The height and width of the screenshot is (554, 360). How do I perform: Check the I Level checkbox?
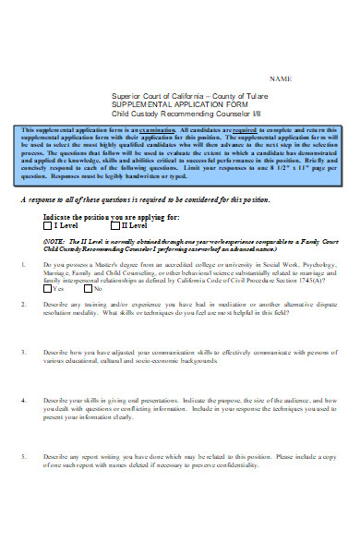tap(48, 250)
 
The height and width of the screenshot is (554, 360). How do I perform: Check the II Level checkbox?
tap(114, 250)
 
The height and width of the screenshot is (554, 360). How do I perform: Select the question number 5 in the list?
tap(23, 482)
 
